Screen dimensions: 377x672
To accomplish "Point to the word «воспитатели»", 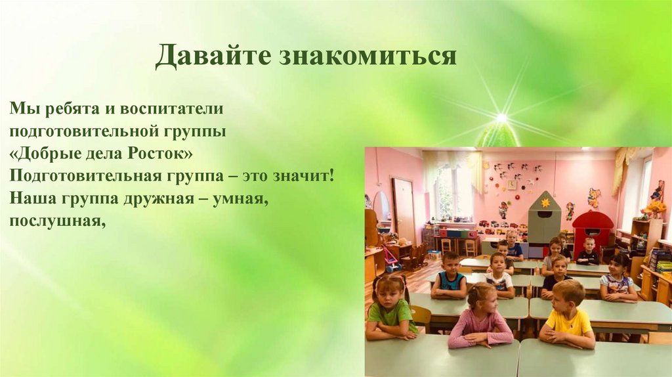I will click(x=173, y=107).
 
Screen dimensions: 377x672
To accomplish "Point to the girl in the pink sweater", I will click(x=481, y=318).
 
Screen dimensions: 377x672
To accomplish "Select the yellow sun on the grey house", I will click(x=544, y=203).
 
